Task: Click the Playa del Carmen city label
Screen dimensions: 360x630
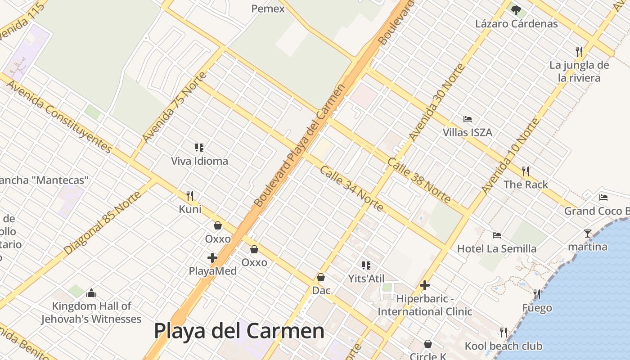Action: point(239,331)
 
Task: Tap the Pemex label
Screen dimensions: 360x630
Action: point(268,9)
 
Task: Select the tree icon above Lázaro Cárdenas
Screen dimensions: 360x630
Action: point(516,10)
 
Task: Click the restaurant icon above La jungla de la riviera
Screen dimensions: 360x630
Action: point(579,51)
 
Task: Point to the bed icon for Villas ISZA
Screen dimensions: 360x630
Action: point(468,119)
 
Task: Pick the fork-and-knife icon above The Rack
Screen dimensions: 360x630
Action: point(525,171)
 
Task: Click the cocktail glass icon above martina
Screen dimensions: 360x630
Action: point(588,233)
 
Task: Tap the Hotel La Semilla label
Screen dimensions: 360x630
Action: point(497,249)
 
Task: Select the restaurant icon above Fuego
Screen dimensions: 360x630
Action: point(537,294)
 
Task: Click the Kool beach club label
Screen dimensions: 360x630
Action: point(504,346)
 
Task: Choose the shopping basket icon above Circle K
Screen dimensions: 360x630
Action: point(428,344)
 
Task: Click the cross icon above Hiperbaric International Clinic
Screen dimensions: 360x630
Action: point(425,285)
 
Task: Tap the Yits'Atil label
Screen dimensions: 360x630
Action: point(366,279)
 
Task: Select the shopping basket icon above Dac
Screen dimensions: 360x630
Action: point(321,277)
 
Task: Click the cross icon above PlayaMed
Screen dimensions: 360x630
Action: point(212,258)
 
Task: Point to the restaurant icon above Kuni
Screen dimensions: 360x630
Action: point(190,195)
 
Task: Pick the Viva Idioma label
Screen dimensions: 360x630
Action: point(199,161)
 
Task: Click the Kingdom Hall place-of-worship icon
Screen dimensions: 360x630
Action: point(91,293)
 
